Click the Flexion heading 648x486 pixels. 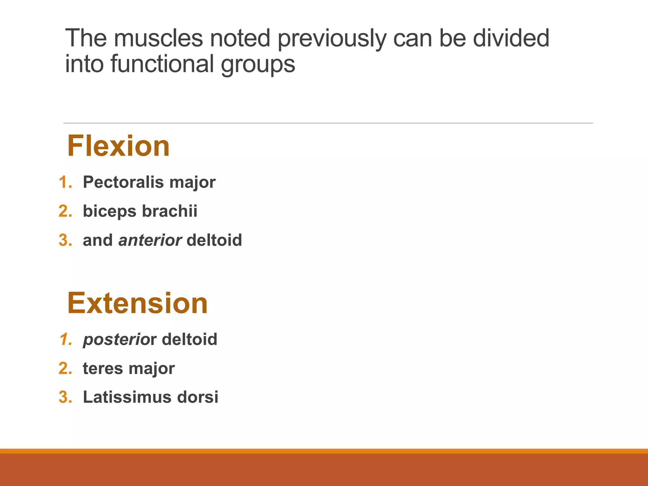pyautogui.click(x=118, y=146)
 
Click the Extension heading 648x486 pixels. pyautogui.click(x=137, y=303)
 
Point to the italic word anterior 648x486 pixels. pyautogui.click(x=150, y=240)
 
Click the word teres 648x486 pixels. pyautogui.click(x=103, y=369)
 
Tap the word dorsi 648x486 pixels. pyautogui.click(x=198, y=397)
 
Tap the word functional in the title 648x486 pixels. pyautogui.click(x=162, y=64)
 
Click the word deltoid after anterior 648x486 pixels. pyautogui.click(x=214, y=240)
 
